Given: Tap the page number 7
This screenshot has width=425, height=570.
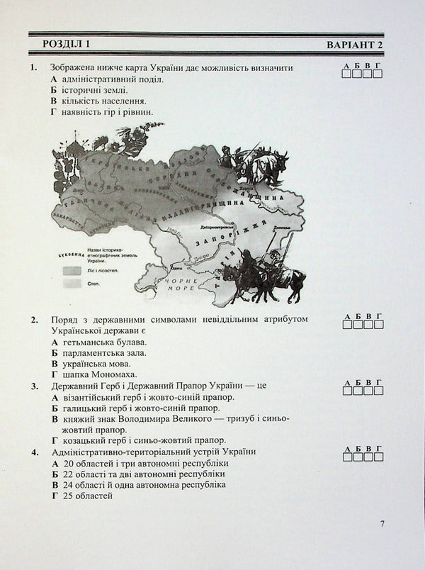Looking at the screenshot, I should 382,524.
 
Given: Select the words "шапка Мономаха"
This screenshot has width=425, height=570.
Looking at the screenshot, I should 98,374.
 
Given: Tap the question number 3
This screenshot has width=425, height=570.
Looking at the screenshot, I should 33,386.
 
